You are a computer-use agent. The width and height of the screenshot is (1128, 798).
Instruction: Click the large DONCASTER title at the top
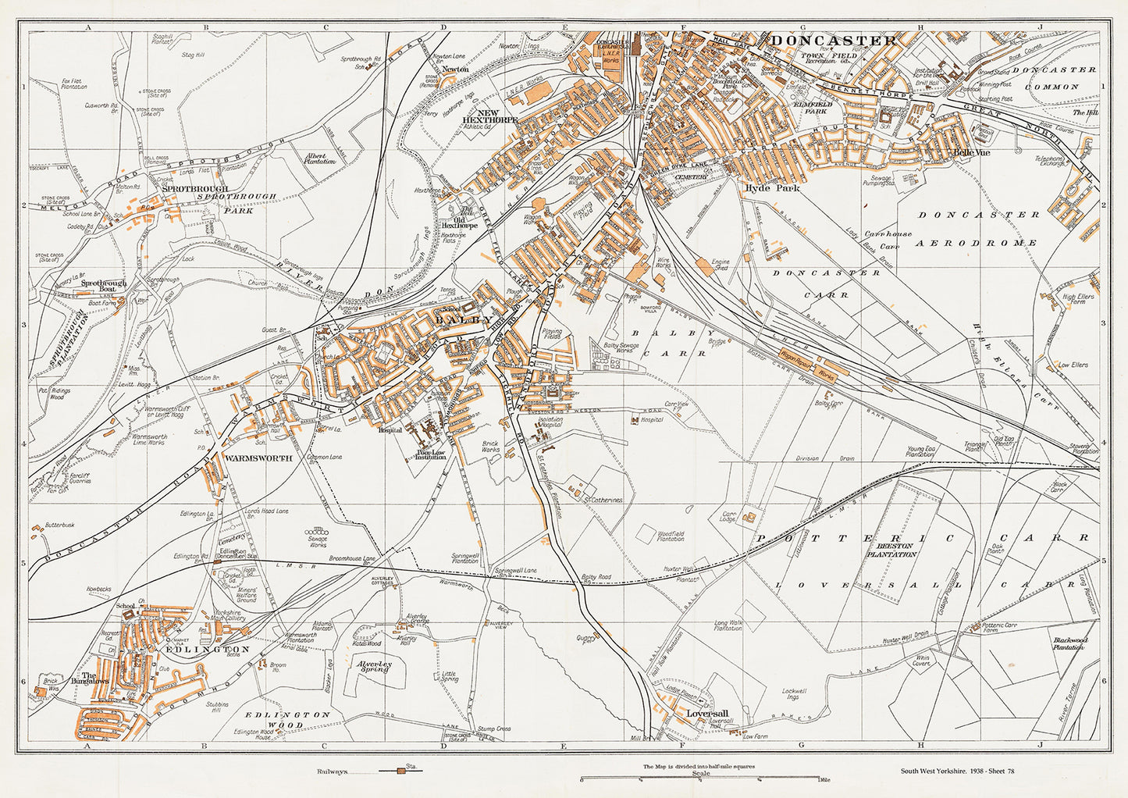click(833, 41)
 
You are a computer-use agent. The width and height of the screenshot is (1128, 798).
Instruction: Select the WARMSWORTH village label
click(258, 458)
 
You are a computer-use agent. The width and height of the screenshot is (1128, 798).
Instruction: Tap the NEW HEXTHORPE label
click(497, 117)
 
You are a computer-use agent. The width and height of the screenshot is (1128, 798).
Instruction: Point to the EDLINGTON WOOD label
click(288, 720)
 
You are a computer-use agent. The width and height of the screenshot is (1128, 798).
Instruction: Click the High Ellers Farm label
click(1079, 301)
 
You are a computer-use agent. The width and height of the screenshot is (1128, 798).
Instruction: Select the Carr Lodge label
click(729, 518)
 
